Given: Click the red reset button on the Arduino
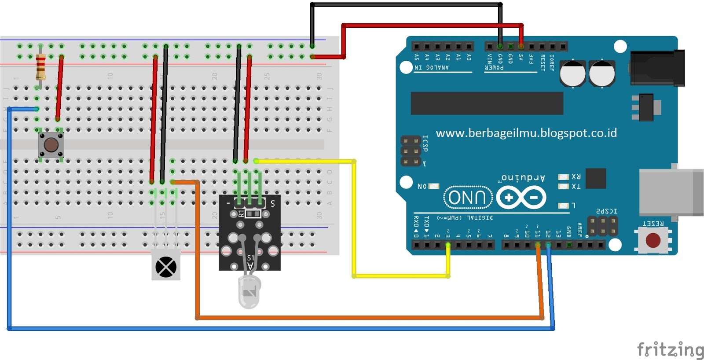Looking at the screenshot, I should point(653,240).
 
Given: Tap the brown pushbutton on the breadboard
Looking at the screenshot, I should point(51,145).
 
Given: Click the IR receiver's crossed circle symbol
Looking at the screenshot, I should point(166,267).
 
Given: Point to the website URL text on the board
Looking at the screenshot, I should point(526,133).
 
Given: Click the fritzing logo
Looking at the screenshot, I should point(670,349).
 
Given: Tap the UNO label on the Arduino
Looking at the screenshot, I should point(467,197).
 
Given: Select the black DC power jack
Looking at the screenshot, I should point(657,68).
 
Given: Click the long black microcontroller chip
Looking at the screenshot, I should point(487,103).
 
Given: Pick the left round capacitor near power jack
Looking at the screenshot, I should point(572,73).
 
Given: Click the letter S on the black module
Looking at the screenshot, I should point(273,203).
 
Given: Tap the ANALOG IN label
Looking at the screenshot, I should point(431,68).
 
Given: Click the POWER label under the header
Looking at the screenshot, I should point(494,68).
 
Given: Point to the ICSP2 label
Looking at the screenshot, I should point(606,211).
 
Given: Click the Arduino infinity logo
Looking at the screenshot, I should point(521,197).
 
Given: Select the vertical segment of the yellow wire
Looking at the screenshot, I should point(354,220).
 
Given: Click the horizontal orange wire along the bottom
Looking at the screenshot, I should point(370,317).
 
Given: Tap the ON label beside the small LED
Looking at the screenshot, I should point(422,187).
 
